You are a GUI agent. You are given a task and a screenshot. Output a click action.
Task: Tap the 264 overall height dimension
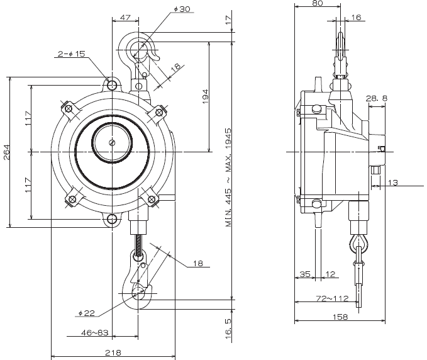pos(6,153)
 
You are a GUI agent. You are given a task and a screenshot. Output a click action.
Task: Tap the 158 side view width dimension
pos(340,317)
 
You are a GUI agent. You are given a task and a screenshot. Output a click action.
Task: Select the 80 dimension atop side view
pos(318,4)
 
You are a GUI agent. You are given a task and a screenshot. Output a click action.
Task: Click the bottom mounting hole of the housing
pos(112,219)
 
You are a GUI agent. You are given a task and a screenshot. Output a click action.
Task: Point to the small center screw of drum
pos(112,143)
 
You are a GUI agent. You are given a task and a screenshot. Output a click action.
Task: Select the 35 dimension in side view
pos(304,274)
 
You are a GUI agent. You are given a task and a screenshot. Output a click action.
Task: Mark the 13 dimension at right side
pos(394,183)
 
